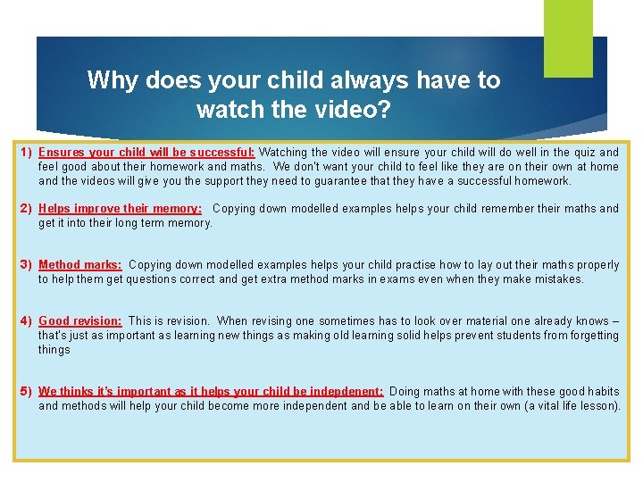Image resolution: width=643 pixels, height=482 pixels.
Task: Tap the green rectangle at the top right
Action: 568,38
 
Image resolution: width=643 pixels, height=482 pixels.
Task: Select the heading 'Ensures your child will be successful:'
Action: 146,153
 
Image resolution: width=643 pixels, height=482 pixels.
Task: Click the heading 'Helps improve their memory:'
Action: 120,209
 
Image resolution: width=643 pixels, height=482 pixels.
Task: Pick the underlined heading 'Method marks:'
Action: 80,265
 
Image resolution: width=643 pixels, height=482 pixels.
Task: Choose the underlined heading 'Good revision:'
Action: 80,321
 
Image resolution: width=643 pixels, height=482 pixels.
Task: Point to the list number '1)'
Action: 27,153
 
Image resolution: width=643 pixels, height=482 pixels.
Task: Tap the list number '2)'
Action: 27,209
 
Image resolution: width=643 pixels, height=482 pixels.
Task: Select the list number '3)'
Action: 27,265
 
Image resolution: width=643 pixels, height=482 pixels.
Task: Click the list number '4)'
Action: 27,321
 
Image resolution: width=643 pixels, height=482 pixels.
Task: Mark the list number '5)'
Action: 27,392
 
